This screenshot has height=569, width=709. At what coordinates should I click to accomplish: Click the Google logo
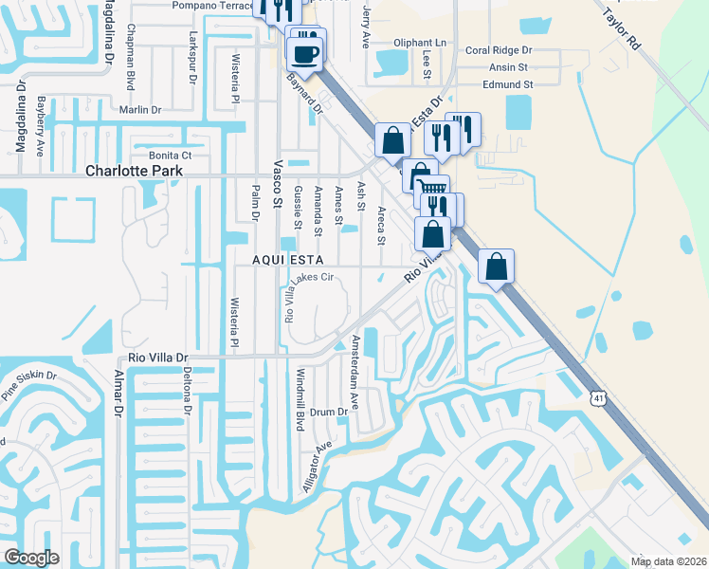(x=31, y=558)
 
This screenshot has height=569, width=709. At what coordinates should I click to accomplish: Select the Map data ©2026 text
(x=668, y=561)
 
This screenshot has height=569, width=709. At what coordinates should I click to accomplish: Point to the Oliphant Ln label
(x=419, y=43)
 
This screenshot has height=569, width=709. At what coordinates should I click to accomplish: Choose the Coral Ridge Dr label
(x=499, y=50)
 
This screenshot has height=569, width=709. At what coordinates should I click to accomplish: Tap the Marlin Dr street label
(x=140, y=110)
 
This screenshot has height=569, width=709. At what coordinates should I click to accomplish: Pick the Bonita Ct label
(x=170, y=155)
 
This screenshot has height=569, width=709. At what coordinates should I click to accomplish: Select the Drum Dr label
(x=330, y=412)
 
